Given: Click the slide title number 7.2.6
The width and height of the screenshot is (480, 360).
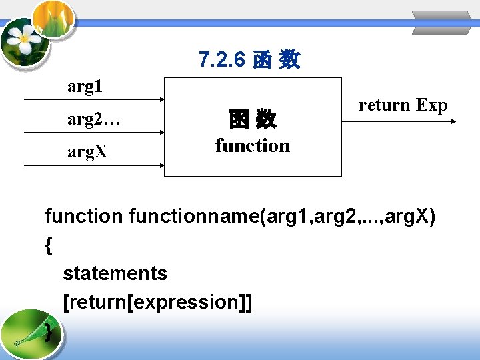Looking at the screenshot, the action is pyautogui.click(x=223, y=60).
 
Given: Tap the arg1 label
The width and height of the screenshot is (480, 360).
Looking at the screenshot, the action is pyautogui.click(x=85, y=87).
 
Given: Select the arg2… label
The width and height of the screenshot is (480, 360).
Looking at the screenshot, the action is pyautogui.click(x=93, y=119).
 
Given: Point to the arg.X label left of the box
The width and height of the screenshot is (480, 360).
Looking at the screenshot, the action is pyautogui.click(x=87, y=152).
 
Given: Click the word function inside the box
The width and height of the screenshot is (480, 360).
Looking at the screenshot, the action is pyautogui.click(x=253, y=145).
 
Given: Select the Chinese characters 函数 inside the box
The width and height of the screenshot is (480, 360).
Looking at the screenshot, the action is pyautogui.click(x=253, y=120).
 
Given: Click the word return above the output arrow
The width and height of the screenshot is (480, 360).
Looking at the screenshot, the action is pyautogui.click(x=385, y=105).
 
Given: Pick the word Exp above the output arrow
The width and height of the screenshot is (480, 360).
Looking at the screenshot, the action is pyautogui.click(x=432, y=105).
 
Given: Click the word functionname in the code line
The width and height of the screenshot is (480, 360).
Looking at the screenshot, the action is pyautogui.click(x=196, y=216).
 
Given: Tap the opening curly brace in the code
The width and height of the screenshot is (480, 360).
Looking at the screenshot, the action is pyautogui.click(x=49, y=245).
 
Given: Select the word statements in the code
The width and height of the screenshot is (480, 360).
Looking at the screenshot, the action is pyautogui.click(x=115, y=273).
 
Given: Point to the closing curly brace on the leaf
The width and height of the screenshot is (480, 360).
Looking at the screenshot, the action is pyautogui.click(x=49, y=331).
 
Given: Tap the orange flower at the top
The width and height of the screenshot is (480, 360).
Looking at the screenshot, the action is pyautogui.click(x=53, y=17).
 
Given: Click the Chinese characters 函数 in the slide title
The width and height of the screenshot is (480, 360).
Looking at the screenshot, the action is pyautogui.click(x=277, y=61).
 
